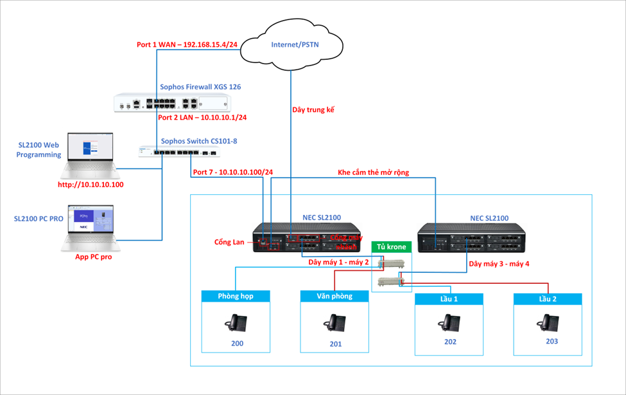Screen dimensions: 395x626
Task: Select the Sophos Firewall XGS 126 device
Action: pos(172,103)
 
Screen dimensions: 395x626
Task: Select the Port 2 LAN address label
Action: pos(202,118)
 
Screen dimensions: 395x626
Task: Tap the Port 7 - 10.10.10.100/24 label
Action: pos(232,172)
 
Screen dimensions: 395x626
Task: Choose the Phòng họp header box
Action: pos(236,296)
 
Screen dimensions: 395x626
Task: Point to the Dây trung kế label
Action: pos(314,111)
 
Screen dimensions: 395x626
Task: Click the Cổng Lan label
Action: pos(230,242)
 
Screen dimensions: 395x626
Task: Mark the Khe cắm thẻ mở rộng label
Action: pos(373,172)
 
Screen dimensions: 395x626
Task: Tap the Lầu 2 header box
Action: pos(548,299)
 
